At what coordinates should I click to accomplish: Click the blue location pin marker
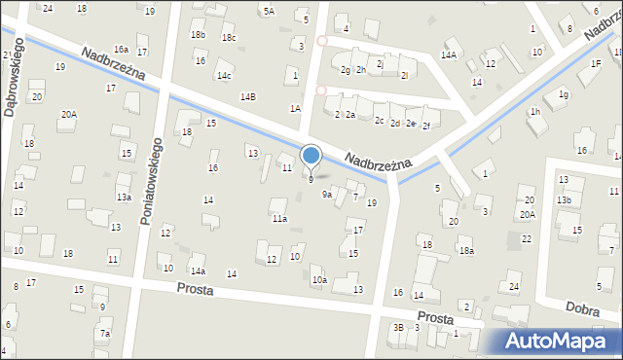311,156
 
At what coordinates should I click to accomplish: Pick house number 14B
248,96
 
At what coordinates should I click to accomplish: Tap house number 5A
269,11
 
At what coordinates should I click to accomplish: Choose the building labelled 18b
198,35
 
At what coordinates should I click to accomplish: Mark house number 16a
121,49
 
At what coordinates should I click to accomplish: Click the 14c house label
224,75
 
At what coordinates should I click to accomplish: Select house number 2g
345,70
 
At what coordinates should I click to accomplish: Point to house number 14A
448,55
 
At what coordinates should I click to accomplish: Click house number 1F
595,63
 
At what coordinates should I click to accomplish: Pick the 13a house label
124,197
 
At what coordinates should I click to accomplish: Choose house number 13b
564,199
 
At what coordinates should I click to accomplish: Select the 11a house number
279,219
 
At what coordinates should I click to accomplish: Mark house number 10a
318,280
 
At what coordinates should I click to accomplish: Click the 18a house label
466,250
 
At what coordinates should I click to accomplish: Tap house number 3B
397,327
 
